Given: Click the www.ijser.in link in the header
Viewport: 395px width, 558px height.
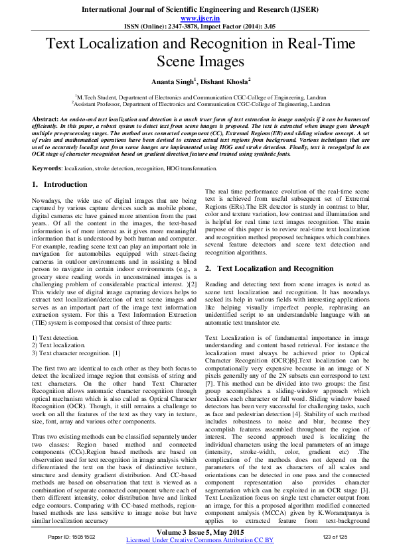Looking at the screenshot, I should tap(197, 19).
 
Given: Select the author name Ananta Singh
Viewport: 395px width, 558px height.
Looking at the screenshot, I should tap(173, 80).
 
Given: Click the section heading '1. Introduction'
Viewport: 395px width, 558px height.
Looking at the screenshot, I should tap(60, 184).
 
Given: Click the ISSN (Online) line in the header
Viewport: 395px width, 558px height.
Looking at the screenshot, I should tap(197, 27).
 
